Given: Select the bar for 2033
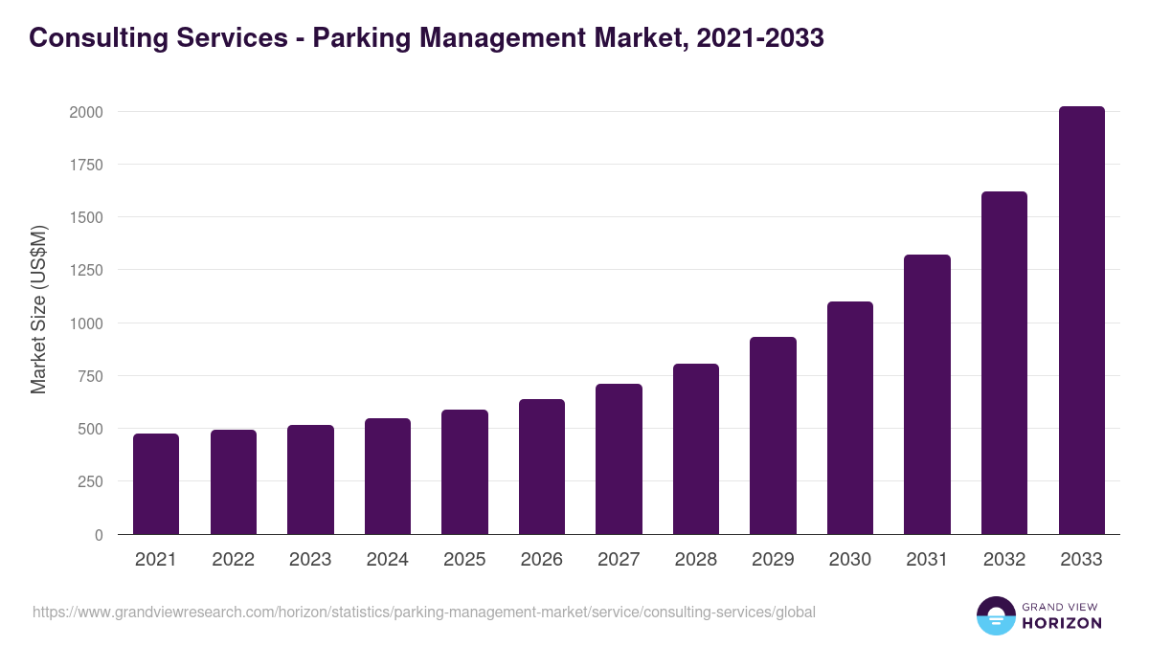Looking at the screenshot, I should click(x=1081, y=321).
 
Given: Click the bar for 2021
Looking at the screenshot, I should click(x=156, y=484).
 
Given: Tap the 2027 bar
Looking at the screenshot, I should click(x=619, y=459).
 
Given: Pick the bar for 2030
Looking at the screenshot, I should click(x=850, y=418).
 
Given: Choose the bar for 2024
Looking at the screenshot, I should click(x=388, y=477).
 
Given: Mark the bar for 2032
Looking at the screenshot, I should click(x=1004, y=363).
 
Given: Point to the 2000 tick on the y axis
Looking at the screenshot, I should click(x=86, y=112).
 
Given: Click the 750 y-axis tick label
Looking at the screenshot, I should click(x=91, y=376).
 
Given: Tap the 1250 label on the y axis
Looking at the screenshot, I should click(x=86, y=270).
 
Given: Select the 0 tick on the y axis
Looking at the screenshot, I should click(x=98, y=535).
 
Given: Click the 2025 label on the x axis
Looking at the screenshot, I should click(x=464, y=560).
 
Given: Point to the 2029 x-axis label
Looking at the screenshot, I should click(x=773, y=560).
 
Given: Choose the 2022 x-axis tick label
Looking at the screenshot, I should click(x=234, y=560).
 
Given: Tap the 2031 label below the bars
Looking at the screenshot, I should click(x=927, y=560).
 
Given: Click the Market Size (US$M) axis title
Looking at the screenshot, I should click(x=38, y=310).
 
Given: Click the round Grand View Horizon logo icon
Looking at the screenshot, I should click(x=995, y=615).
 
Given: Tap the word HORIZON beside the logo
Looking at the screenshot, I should click(x=1062, y=623).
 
